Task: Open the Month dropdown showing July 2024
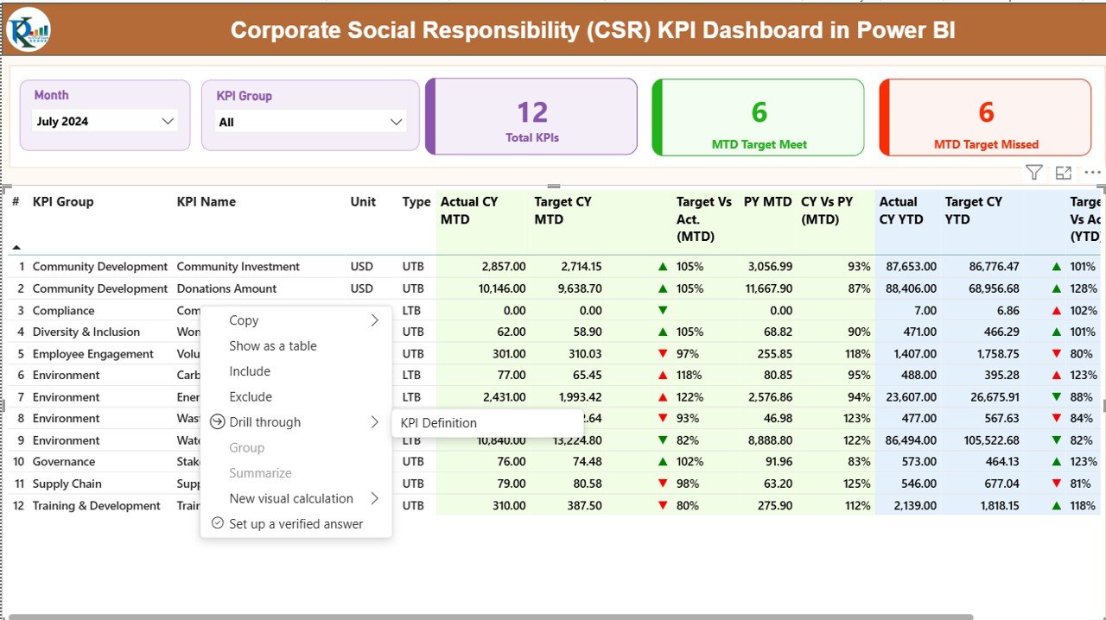point(105,122)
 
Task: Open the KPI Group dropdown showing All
point(310,123)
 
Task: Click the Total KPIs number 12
point(532,112)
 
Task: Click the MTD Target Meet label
point(759,144)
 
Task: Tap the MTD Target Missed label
point(986,144)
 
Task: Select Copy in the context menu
point(244,320)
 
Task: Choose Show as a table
point(272,346)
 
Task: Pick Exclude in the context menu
point(251,397)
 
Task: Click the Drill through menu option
point(264,422)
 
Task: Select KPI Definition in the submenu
point(439,423)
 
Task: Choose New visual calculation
point(290,499)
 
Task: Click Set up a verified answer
point(296,524)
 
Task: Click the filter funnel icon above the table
point(1033,173)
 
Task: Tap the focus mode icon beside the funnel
point(1064,173)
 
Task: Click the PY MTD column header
point(767,202)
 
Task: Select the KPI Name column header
point(206,202)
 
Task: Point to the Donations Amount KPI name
point(226,288)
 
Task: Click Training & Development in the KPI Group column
point(96,506)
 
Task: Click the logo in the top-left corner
point(29,30)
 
